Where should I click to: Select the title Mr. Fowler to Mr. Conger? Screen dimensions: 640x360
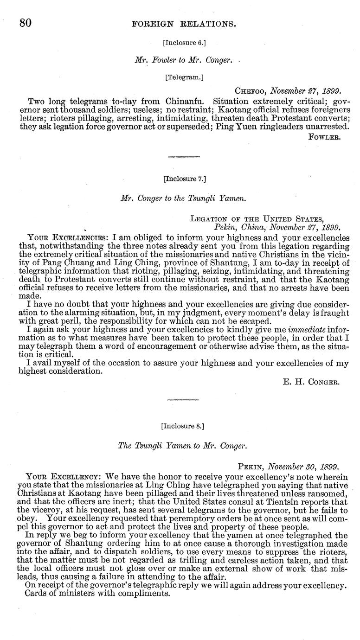tap(184, 60)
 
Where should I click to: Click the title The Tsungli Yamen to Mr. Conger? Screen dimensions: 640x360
tap(183, 446)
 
